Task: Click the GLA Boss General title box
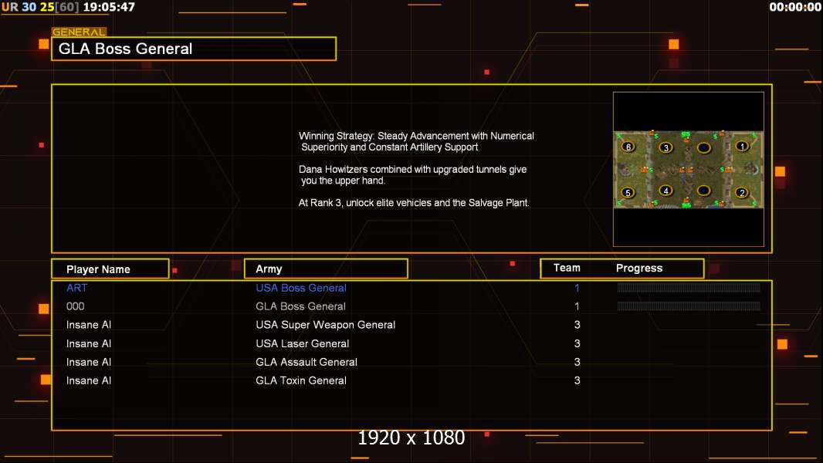(x=194, y=49)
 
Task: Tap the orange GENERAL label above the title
(x=79, y=32)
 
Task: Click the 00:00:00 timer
(x=794, y=7)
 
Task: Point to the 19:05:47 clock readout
(x=109, y=7)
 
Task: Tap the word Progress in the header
(x=638, y=268)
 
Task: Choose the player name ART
(x=76, y=287)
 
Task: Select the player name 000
(x=75, y=306)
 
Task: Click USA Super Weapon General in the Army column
(x=326, y=325)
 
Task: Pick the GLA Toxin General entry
(x=301, y=380)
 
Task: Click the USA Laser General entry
(x=303, y=343)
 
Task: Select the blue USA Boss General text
(x=301, y=287)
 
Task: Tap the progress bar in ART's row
(x=689, y=287)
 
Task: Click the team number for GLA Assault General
(x=577, y=362)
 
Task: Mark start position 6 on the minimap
(x=628, y=147)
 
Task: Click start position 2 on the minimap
(x=742, y=192)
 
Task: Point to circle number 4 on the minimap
(x=666, y=191)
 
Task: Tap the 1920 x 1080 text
(x=411, y=438)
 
